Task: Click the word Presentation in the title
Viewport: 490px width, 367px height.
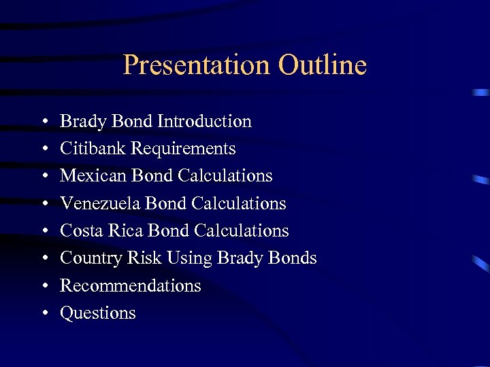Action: pos(197,65)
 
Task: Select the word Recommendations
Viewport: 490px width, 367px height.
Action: pos(131,285)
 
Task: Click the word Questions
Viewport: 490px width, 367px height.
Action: pos(98,313)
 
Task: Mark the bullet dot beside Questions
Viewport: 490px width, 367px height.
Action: pos(44,314)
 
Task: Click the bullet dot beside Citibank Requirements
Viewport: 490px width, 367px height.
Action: pos(44,150)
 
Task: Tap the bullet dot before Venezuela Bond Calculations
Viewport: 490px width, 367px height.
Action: pos(44,204)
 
